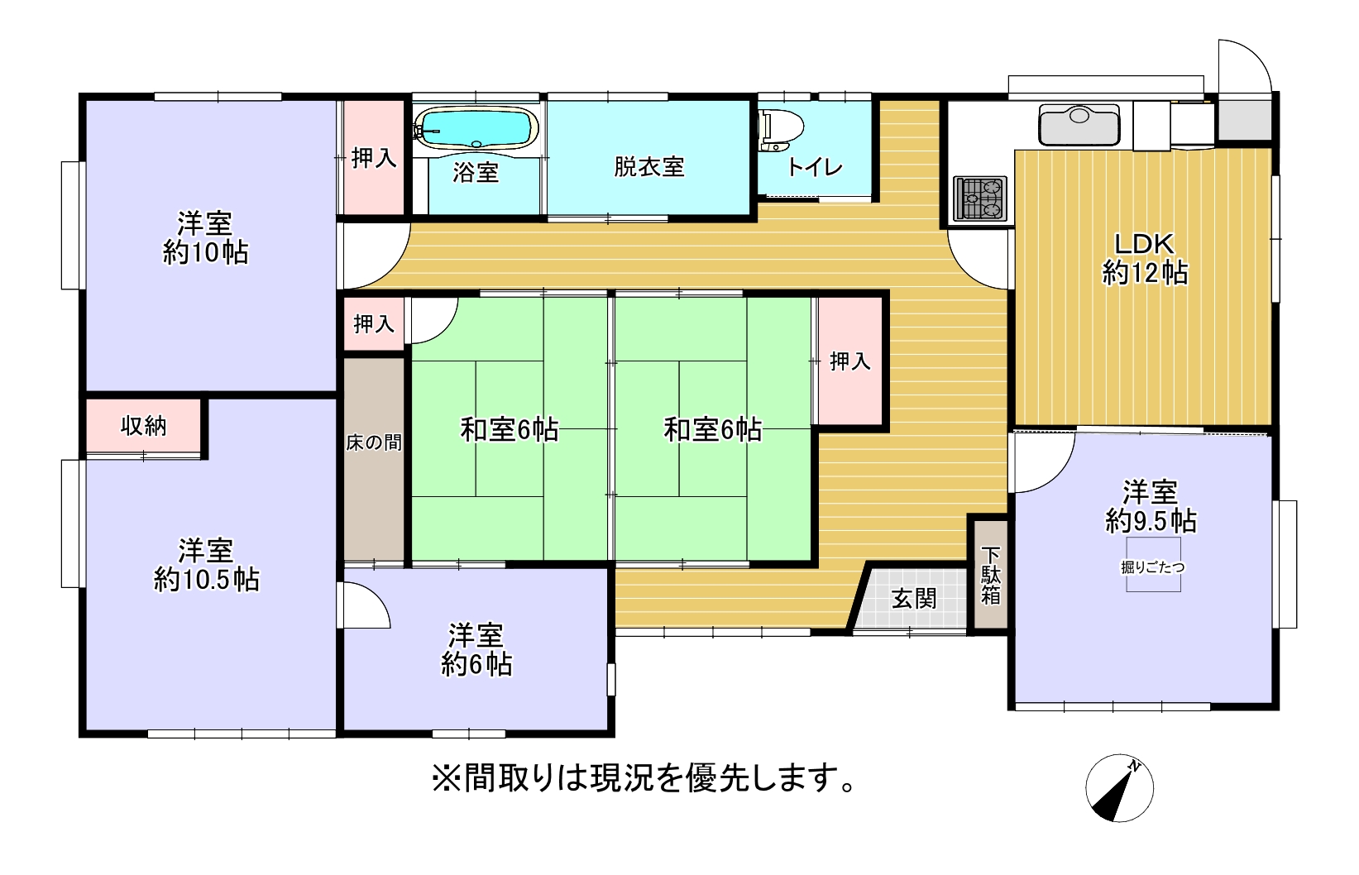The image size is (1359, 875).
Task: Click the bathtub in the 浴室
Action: coord(477,128)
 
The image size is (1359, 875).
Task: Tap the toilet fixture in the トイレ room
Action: coord(780,129)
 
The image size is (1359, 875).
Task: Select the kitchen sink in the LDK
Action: coord(1079,124)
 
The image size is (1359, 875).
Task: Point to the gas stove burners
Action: coord(980,198)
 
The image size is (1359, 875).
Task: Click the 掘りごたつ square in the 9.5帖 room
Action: coord(1153,564)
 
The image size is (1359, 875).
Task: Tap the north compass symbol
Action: coord(1119,788)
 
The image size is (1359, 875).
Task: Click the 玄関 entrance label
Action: coord(914,599)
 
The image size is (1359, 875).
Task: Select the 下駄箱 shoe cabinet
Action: coord(991,575)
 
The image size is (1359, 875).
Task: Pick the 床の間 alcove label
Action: coord(374,443)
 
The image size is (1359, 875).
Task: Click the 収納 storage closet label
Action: coord(143,426)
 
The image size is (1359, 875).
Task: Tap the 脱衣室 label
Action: coord(649,167)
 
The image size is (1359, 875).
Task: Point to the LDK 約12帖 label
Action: coord(1145,259)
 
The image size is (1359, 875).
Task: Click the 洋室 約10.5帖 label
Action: coord(206,566)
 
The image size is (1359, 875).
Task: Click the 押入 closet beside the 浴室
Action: coord(374,159)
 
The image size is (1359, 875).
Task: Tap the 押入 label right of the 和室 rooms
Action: coord(850,361)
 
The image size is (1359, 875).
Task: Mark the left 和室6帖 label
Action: coord(509,430)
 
